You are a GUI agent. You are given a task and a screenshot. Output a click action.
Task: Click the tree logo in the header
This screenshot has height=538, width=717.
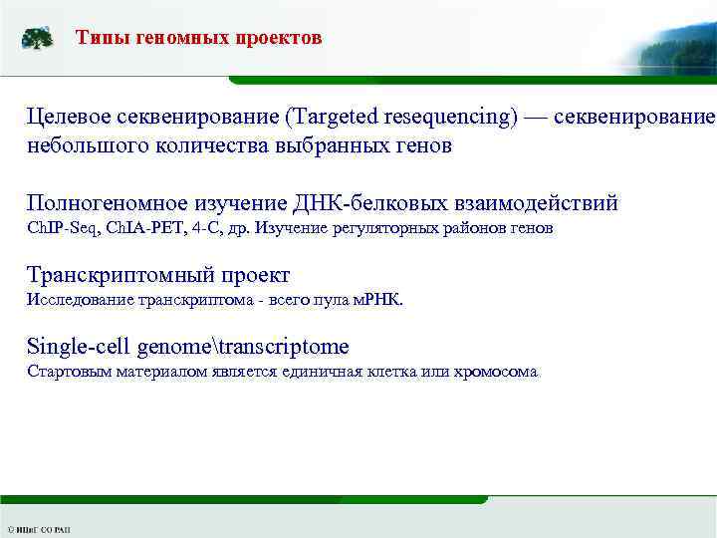tap(38, 39)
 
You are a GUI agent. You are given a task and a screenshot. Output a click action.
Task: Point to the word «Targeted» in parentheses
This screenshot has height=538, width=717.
tap(332, 117)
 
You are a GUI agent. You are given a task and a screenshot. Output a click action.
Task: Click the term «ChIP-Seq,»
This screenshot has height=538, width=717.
tap(62, 229)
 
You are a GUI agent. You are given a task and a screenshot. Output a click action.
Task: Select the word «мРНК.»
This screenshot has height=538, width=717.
tap(376, 298)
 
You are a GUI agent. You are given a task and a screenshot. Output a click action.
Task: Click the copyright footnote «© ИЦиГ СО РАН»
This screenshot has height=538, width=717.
tap(39, 529)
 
